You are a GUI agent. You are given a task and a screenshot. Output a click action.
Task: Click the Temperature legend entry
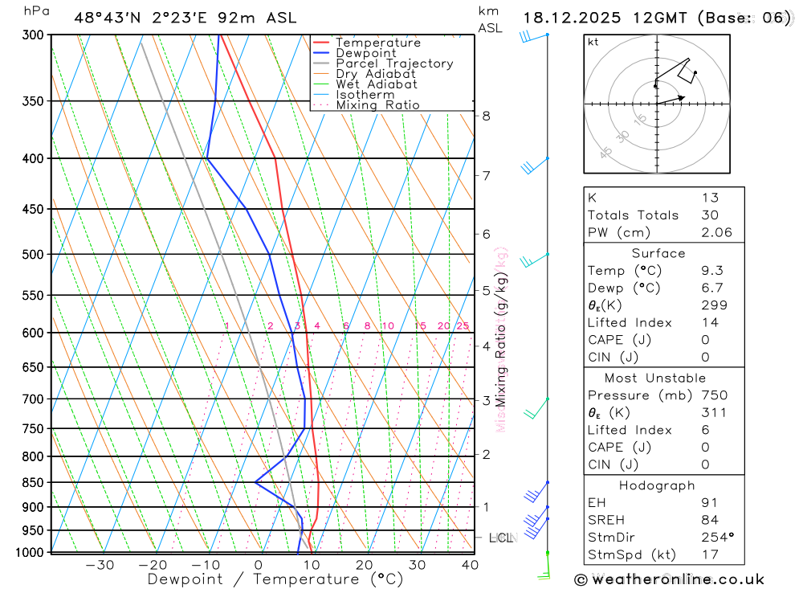point(377,43)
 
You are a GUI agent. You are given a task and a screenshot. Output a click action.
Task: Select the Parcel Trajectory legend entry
point(393,63)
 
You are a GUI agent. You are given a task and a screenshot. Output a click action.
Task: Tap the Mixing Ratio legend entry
point(377,104)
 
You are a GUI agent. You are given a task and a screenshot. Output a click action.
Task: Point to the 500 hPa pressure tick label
point(33,255)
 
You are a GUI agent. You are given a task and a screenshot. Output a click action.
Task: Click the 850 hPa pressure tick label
point(33,482)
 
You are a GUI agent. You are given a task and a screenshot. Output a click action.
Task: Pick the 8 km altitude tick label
point(486,116)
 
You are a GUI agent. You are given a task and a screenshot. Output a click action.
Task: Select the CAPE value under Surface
point(705,340)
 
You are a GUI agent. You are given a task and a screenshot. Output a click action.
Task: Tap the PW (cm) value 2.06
point(716,233)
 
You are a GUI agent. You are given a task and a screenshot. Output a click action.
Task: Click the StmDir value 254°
point(715,537)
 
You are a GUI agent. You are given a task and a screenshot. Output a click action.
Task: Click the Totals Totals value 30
point(709,215)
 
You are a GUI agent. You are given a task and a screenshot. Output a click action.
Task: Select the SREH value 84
point(709,520)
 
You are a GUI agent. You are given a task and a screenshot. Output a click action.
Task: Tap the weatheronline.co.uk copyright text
point(669,579)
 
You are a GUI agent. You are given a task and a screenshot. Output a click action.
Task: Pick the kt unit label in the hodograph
point(593,42)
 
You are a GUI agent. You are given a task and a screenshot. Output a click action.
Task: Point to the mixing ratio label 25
point(463,325)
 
